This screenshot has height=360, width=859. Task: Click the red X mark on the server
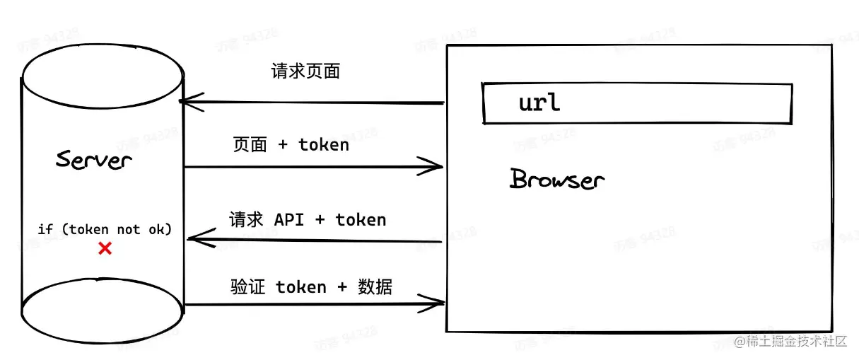pyautogui.click(x=105, y=248)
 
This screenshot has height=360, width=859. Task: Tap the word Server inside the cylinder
pyautogui.click(x=94, y=160)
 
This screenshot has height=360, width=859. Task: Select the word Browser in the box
pyautogui.click(x=557, y=180)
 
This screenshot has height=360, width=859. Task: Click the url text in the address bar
pyautogui.click(x=539, y=103)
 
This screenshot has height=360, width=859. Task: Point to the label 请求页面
pyautogui.click(x=305, y=71)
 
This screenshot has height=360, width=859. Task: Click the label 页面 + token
pyautogui.click(x=291, y=145)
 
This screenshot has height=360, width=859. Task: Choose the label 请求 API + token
pyautogui.click(x=308, y=220)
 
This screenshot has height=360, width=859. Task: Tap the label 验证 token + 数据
pyautogui.click(x=311, y=287)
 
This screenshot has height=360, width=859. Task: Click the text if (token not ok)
pyautogui.click(x=105, y=230)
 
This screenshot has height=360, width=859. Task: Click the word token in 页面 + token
pyautogui.click(x=324, y=145)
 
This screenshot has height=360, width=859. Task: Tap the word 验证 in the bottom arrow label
pyautogui.click(x=243, y=287)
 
